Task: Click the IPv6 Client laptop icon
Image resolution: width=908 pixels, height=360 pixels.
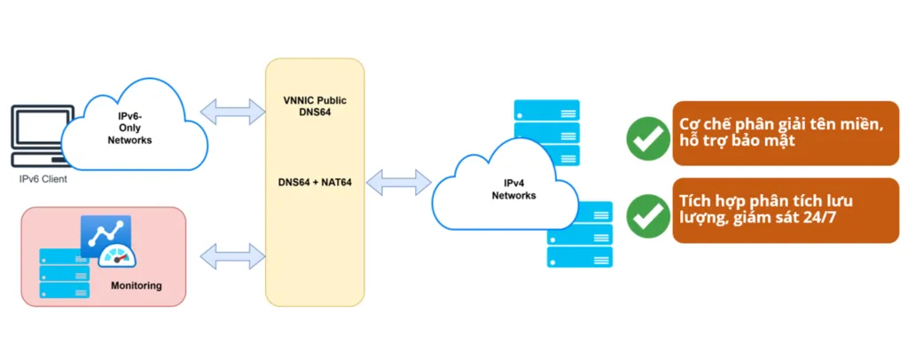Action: pos(35,137)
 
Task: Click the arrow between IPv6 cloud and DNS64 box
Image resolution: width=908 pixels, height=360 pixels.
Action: pos(233,112)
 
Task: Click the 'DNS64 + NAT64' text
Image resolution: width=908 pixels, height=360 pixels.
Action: pos(315,183)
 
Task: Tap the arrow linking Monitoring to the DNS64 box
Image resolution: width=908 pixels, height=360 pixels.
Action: pos(233,258)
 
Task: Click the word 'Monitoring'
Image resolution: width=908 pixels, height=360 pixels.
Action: pos(136,286)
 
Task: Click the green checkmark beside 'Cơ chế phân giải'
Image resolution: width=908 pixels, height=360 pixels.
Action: pos(648,137)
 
